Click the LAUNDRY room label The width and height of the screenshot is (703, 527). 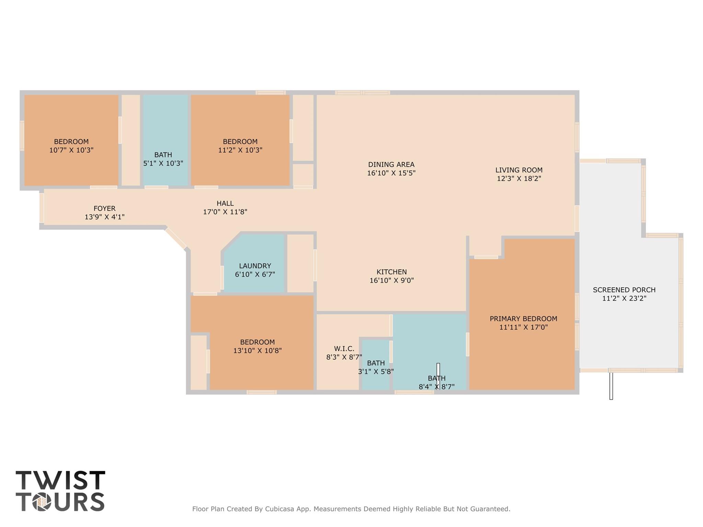pos(255,266)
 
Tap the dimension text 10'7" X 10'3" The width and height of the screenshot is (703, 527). pos(71,150)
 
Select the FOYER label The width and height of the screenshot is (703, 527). pos(104,208)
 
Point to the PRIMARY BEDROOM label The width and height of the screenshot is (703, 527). pos(523,319)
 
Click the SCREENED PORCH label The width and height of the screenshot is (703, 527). pos(624,290)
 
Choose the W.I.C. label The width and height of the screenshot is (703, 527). pos(344,348)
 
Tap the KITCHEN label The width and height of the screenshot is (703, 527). pos(392,272)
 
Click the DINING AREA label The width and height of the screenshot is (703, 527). pos(391,164)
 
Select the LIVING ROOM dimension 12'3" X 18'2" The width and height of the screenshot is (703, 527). pos(519,179)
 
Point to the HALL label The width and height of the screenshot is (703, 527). pos(225,203)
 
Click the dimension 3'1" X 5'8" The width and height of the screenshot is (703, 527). pos(376,371)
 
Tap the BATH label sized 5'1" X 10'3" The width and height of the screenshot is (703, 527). pos(163,155)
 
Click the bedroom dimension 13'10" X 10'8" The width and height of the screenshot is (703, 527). pos(257,351)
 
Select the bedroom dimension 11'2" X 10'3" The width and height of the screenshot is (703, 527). pos(240,150)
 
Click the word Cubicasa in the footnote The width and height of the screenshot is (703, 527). pos(279,509)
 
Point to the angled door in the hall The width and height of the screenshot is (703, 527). pos(175,238)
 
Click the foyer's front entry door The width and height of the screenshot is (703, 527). pos(42,208)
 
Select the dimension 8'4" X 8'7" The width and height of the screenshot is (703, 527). pos(436,387)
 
